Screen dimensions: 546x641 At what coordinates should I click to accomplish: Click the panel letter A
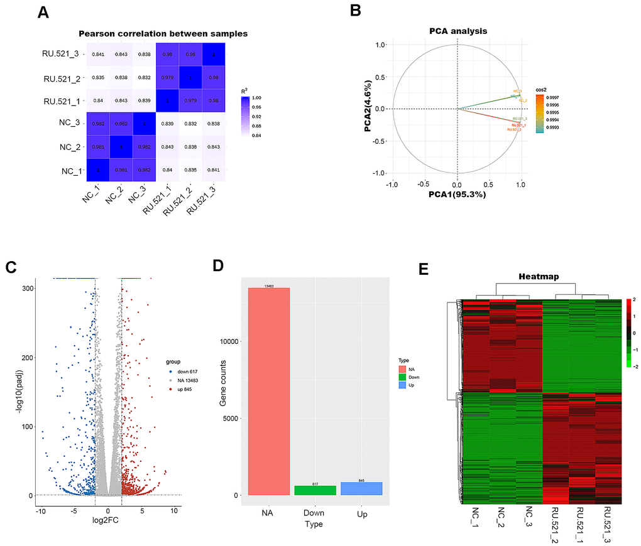(42, 13)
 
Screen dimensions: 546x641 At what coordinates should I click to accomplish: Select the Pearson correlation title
(163, 33)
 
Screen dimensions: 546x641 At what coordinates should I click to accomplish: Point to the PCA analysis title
(457, 30)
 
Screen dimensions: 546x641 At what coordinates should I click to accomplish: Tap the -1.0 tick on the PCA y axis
(380, 173)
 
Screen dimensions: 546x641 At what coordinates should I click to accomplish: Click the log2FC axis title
(107, 523)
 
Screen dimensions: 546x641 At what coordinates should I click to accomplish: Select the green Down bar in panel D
(315, 490)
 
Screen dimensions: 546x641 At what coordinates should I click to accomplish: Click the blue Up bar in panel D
(361, 488)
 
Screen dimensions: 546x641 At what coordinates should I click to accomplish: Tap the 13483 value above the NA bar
(269, 286)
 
